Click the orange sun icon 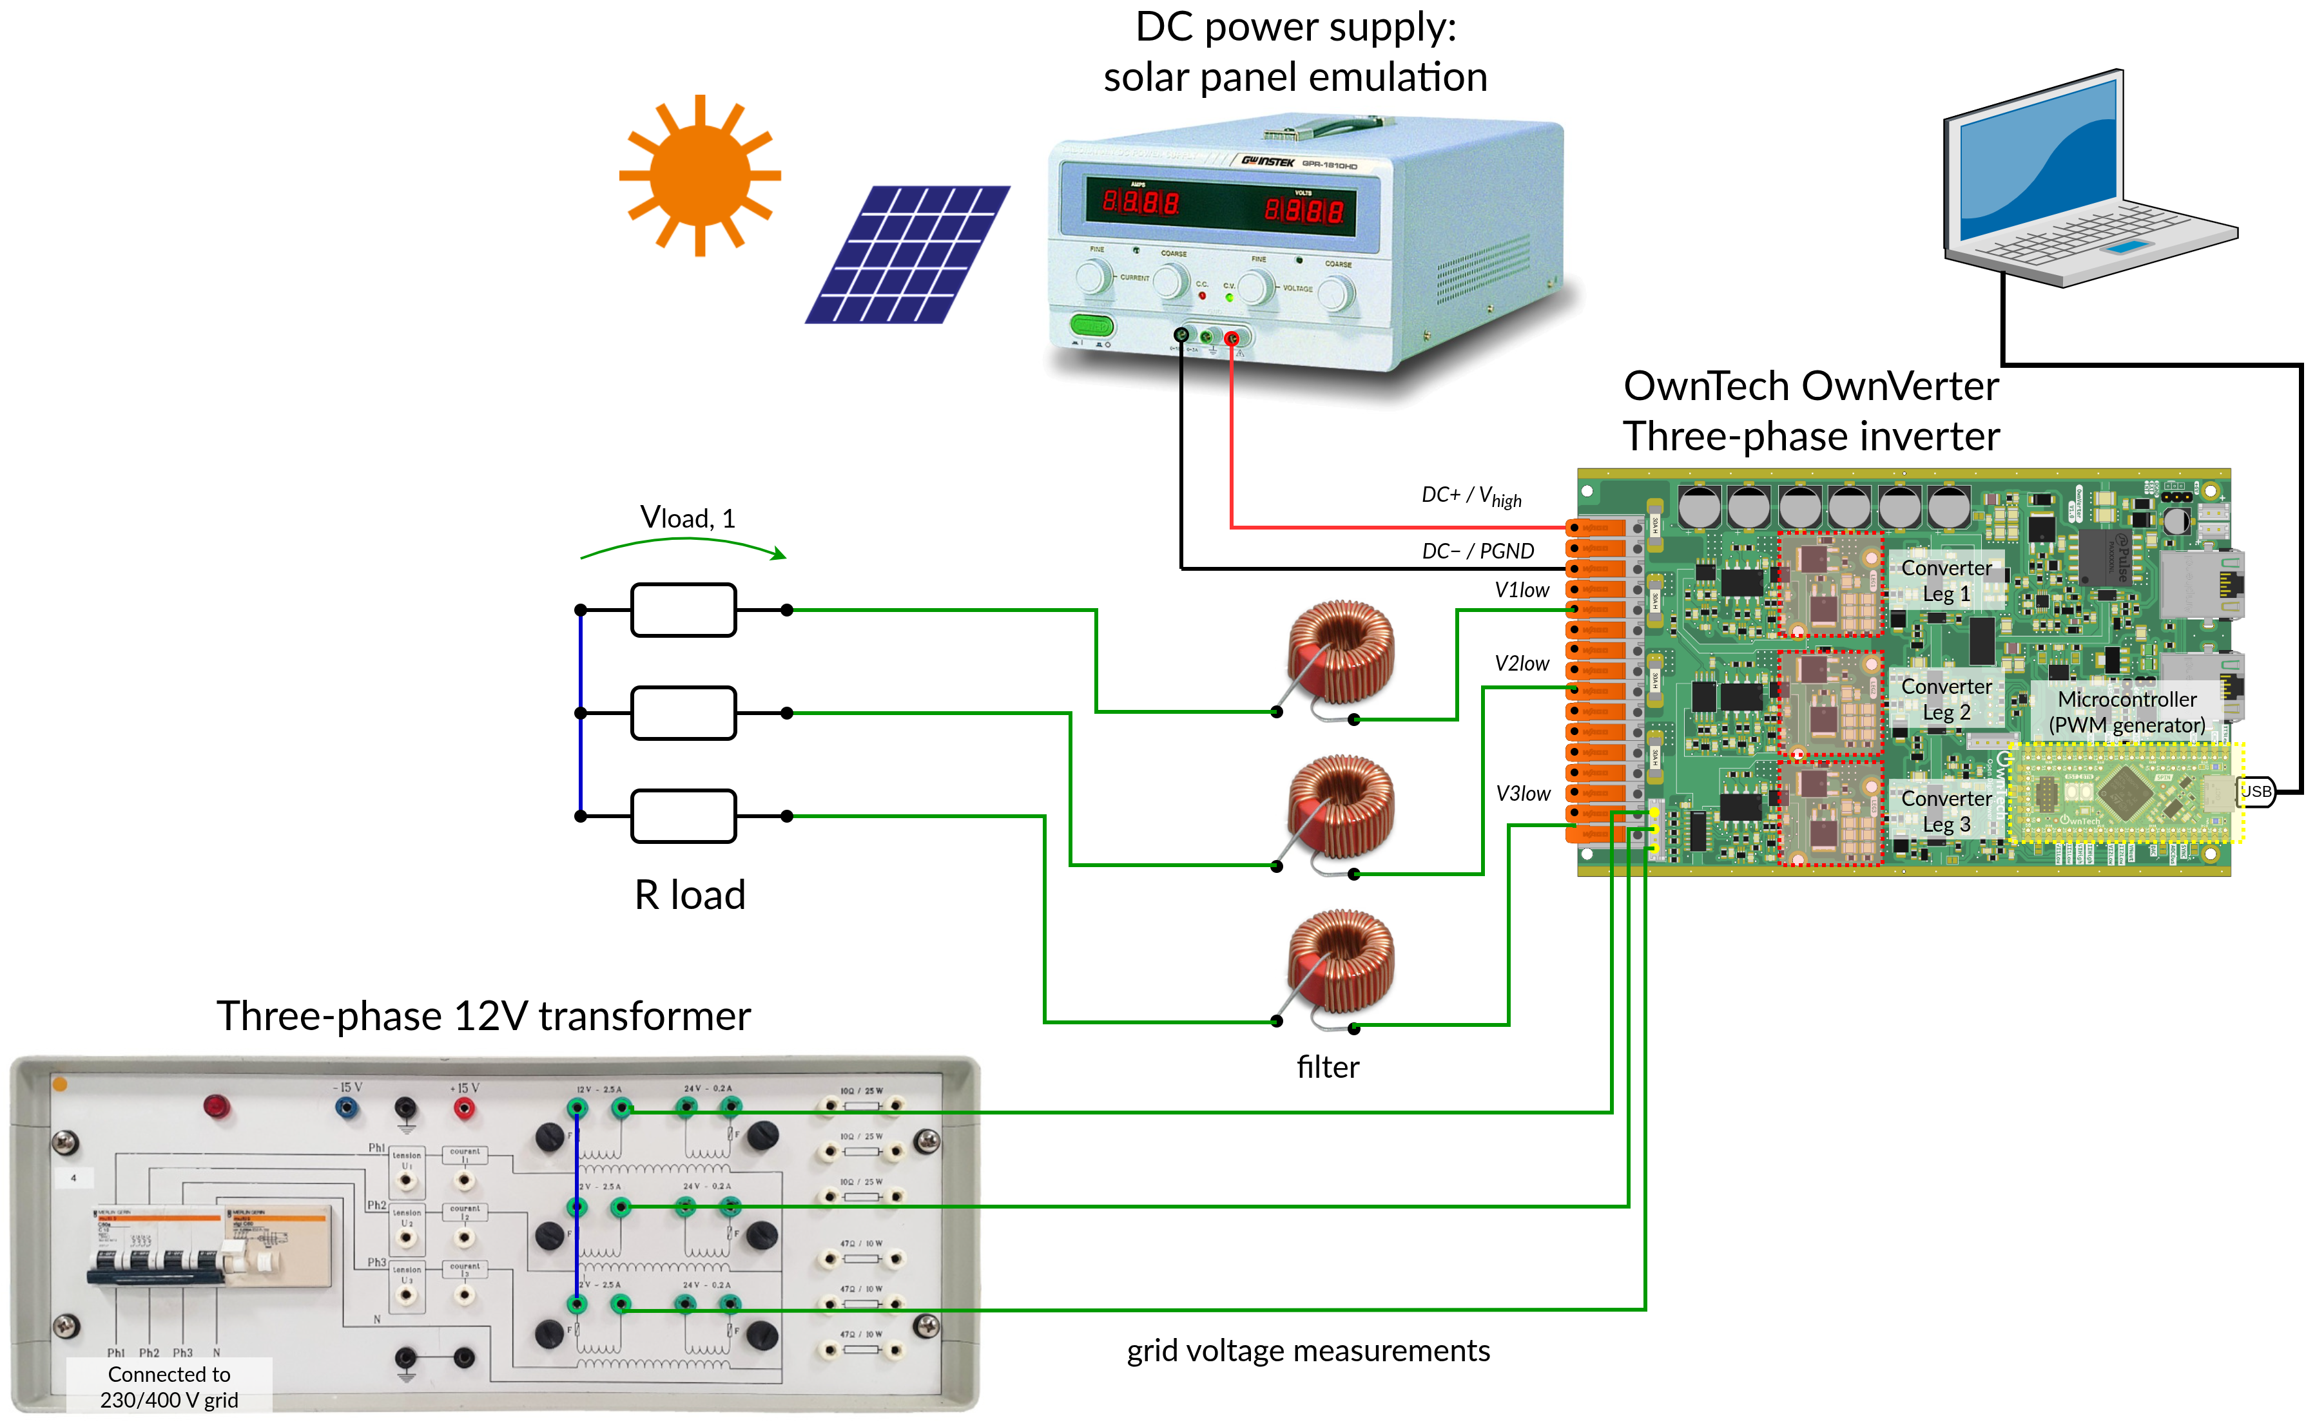click(699, 175)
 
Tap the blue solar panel click(907, 254)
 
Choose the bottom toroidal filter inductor click(1340, 961)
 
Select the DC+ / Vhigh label click(1471, 496)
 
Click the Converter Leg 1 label click(1946, 580)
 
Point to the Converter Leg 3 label click(1946, 810)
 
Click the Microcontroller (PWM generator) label click(2126, 712)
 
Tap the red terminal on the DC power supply click(1231, 338)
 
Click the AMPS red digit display click(1141, 202)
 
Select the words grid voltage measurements click(1308, 1350)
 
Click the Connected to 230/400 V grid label click(169, 1386)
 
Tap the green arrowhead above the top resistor click(778, 554)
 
